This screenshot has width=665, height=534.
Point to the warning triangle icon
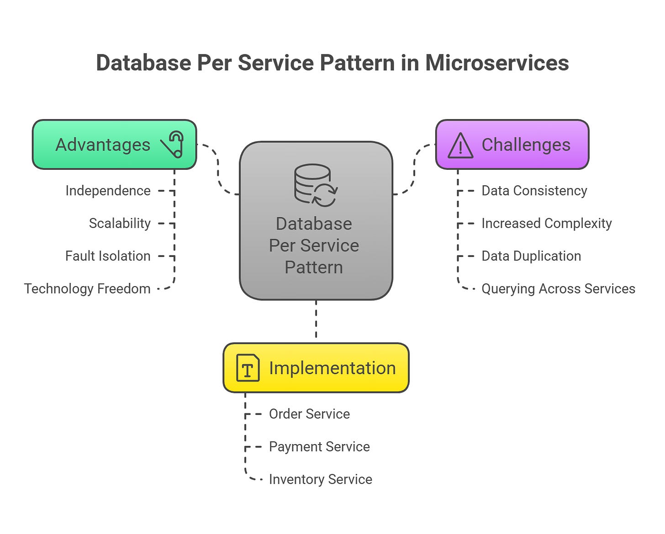pos(460,146)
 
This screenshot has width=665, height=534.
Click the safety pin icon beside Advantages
pos(173,144)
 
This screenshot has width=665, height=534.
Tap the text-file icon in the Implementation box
pos(248,368)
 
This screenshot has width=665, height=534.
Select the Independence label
pos(108,191)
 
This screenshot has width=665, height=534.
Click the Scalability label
pos(120,223)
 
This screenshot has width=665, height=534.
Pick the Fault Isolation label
pos(108,256)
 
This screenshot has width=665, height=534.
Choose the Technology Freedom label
pos(87,288)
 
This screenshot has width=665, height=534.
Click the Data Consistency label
pos(534,191)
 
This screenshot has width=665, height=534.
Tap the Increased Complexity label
pos(546,223)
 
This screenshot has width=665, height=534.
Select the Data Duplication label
pos(531,256)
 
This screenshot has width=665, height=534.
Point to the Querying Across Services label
pos(558,288)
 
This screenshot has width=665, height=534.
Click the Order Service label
pos(309,414)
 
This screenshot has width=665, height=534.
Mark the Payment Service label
pos(319,446)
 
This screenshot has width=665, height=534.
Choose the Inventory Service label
pos(320,479)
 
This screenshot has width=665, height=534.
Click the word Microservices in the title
pos(497,63)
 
